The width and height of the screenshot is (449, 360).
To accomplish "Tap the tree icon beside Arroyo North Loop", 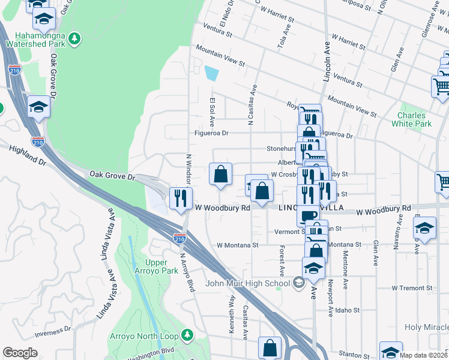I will tap(187, 334).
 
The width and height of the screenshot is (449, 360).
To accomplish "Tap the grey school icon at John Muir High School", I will tap(298, 283).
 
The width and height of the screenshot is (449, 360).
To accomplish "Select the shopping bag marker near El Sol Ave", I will tap(221, 174).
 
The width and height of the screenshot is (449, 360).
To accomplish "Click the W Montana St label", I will tap(237, 245).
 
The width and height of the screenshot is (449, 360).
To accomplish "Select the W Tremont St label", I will tap(411, 288).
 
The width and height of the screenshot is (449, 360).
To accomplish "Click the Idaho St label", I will tap(348, 311).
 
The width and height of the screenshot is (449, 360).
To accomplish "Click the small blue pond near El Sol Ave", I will tap(211, 74).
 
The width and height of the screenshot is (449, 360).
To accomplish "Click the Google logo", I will tap(20, 353).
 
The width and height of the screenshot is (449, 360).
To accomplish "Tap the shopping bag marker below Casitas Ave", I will tap(270, 347).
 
